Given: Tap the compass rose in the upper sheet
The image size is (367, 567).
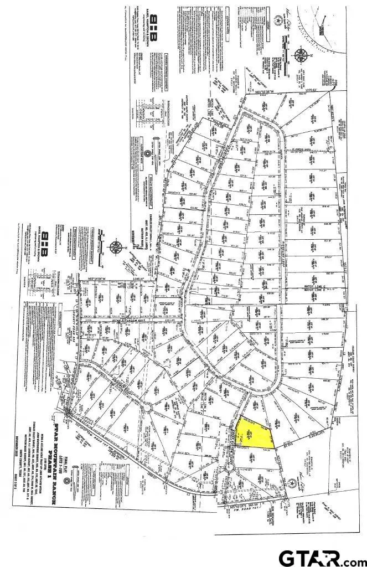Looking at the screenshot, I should [302, 55].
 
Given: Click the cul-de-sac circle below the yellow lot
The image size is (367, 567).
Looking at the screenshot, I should [230, 468].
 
